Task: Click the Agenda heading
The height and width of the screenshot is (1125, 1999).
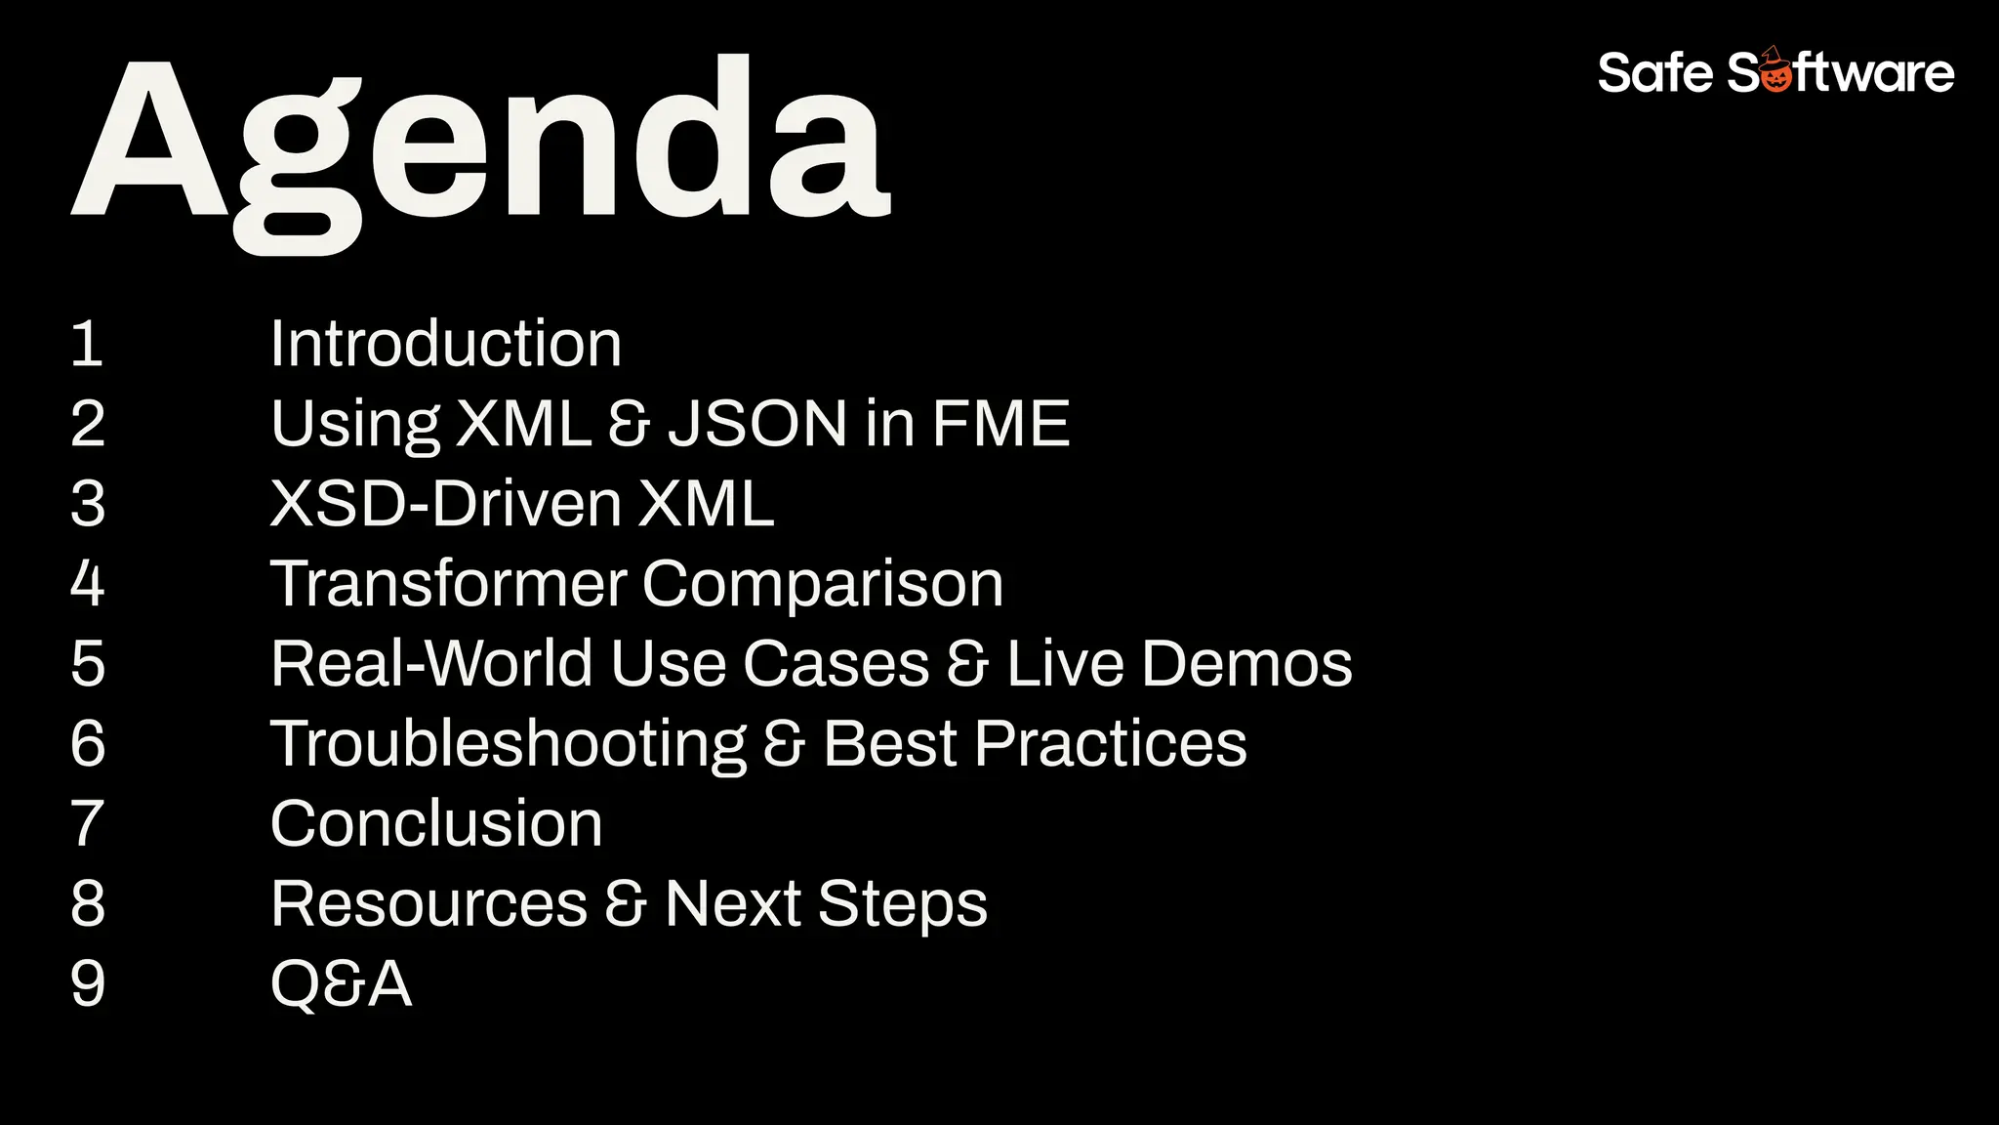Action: coord(480,142)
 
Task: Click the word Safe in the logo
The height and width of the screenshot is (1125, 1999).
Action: coord(1654,73)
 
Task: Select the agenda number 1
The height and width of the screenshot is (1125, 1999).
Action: coord(87,344)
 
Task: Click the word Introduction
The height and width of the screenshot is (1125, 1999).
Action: coord(445,344)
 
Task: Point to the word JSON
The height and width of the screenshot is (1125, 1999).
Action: coord(757,424)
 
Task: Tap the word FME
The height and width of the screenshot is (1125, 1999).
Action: coord(1000,424)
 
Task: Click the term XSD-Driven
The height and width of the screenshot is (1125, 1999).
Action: coord(445,504)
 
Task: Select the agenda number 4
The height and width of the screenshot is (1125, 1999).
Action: coord(87,584)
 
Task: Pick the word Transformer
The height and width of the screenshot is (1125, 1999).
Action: coord(448,584)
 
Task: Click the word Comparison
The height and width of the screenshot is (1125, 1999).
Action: coord(822,584)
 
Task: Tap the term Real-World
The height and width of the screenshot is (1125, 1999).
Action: coord(431,664)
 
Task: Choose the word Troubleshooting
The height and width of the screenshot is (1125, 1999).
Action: coord(508,744)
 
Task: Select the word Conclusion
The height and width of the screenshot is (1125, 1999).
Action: coord(436,824)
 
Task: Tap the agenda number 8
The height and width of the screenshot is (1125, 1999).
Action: coord(87,904)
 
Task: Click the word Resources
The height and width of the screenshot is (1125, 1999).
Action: coord(428,904)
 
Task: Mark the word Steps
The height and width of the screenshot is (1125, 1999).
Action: coord(902,904)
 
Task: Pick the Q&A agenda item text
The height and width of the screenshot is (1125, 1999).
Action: coord(341,984)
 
